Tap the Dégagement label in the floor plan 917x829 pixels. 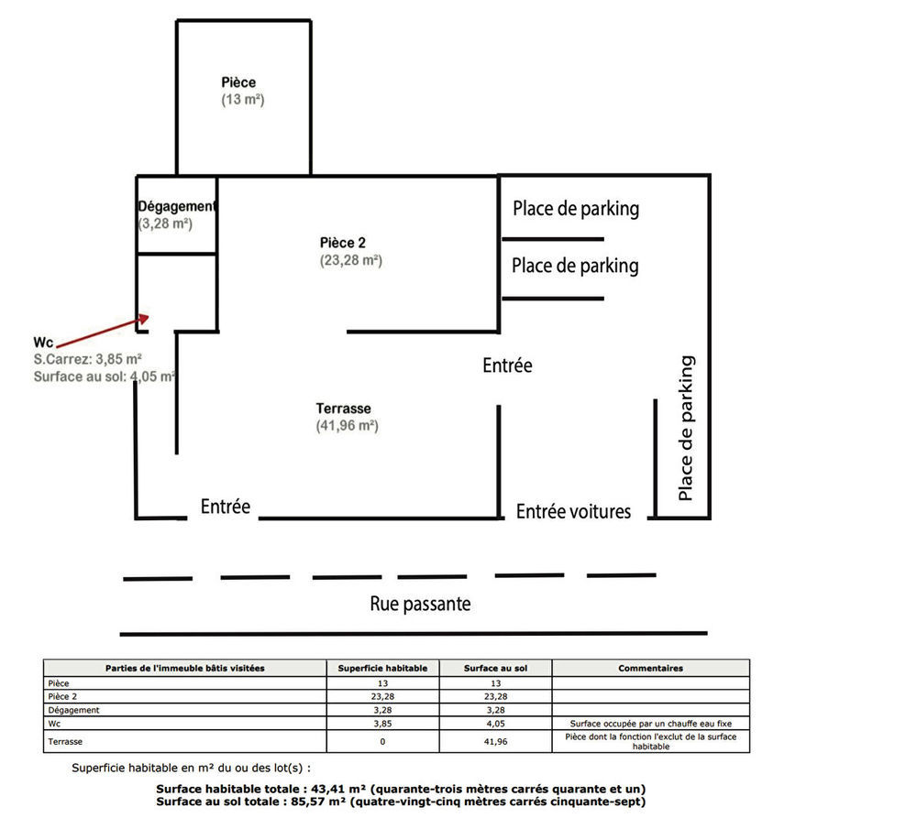(177, 207)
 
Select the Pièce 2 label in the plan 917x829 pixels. (343, 243)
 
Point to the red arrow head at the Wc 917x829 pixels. (144, 317)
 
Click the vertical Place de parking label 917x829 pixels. (685, 428)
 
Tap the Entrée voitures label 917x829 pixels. (573, 511)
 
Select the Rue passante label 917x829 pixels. (420, 604)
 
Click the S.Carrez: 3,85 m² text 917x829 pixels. (87, 359)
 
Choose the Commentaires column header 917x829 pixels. (650, 669)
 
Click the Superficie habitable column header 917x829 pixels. (382, 669)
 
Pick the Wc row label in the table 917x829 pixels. (55, 723)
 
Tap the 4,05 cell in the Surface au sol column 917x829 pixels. (495, 723)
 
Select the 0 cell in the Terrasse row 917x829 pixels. (382, 741)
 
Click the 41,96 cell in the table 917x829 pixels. (495, 741)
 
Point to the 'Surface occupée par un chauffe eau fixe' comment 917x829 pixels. (650, 723)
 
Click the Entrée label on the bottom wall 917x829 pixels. (226, 506)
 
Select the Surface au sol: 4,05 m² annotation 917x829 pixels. (105, 376)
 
